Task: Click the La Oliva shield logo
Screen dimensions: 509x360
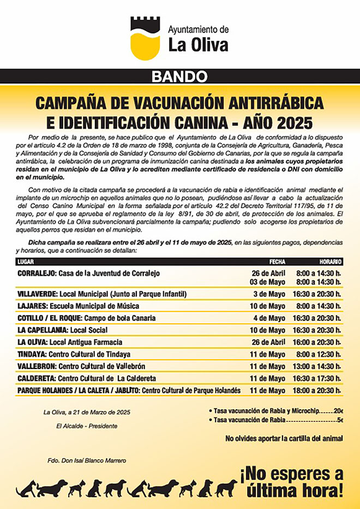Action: click(x=145, y=38)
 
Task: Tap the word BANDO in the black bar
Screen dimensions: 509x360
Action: click(x=179, y=76)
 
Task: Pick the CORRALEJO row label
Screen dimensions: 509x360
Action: click(x=36, y=273)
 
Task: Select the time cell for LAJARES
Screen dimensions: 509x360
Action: click(x=319, y=306)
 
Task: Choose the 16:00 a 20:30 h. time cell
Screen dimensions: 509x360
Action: click(x=319, y=342)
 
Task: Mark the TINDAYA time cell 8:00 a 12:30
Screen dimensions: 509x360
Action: click(x=319, y=354)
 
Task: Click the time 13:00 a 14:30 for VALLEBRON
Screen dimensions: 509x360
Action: click(x=319, y=366)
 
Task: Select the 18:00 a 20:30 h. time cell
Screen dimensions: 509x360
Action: click(x=319, y=390)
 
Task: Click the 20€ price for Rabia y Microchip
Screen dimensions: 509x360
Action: click(x=338, y=410)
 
